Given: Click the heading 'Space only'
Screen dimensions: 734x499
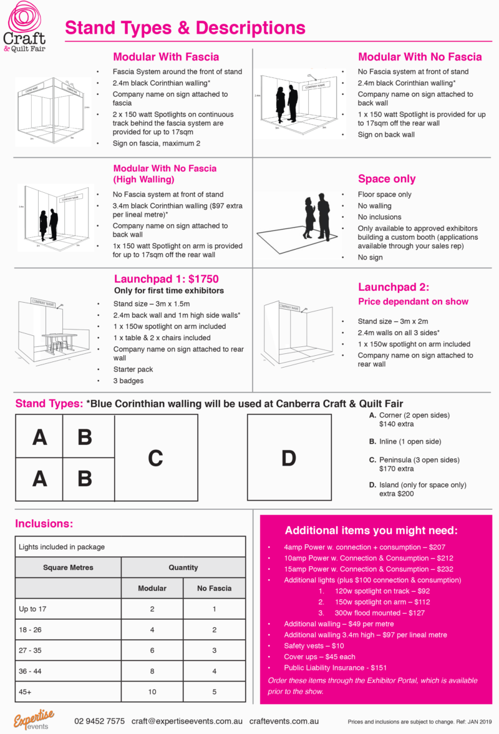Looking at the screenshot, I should point(386,179).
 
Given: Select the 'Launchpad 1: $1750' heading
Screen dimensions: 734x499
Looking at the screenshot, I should point(166,279).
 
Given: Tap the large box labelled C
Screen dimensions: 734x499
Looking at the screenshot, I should point(156,458).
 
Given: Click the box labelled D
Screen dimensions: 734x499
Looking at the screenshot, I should point(288,458).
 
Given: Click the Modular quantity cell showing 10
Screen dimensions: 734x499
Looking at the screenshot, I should point(152,691).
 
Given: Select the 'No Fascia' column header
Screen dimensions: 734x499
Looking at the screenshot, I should point(214,588).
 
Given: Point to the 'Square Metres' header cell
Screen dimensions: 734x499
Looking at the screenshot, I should point(68,567).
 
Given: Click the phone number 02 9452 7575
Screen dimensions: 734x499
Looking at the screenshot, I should point(99,721).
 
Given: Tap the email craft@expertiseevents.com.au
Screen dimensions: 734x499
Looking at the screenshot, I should point(187,721).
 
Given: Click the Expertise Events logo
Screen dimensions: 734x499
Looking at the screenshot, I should point(35,718).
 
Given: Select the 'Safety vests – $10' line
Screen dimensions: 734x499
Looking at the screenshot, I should point(313,645).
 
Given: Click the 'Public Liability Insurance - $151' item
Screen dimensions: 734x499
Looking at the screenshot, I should point(336,667).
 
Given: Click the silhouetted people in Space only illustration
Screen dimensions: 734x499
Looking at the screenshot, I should point(316,215).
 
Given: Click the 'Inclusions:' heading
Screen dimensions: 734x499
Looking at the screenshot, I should point(44,523).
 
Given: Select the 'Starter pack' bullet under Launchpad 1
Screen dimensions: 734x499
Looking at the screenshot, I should point(132,369).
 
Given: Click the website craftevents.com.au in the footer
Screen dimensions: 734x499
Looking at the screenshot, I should point(284,721).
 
